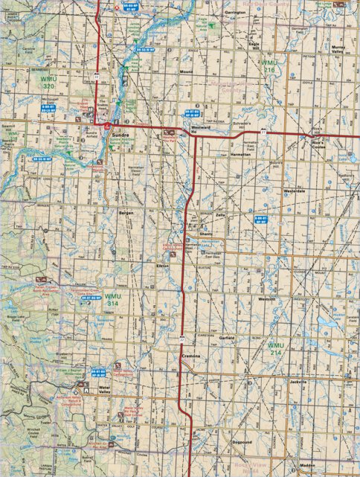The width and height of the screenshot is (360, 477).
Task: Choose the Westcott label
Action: [266, 299]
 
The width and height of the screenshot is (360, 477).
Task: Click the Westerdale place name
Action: [295, 191]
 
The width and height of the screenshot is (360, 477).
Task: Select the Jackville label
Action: [298, 381]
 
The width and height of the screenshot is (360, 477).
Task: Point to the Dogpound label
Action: [241, 442]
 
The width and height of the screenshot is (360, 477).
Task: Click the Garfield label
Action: [227, 338]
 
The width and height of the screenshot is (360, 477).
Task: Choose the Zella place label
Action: [220, 214]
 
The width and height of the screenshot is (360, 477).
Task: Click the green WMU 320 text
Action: [50, 83]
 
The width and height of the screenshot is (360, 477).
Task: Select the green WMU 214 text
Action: [276, 349]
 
